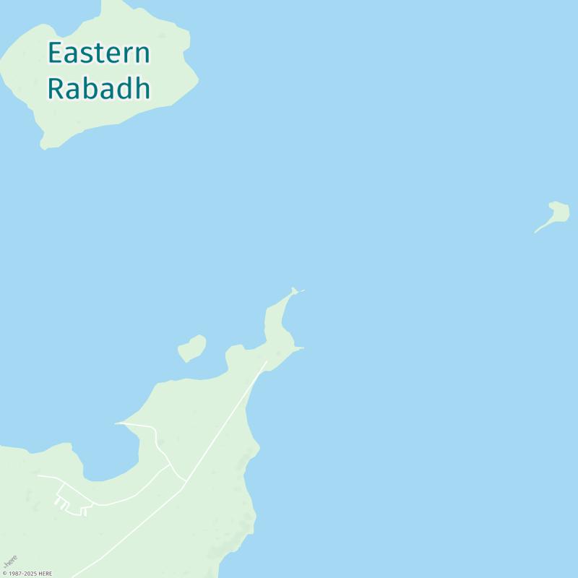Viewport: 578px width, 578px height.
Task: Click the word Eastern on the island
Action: pyautogui.click(x=99, y=53)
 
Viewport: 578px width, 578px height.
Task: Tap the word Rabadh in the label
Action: pyautogui.click(x=99, y=88)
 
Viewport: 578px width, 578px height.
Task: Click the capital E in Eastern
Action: pyautogui.click(x=54, y=53)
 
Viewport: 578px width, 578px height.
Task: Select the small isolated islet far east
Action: pyautogui.click(x=558, y=212)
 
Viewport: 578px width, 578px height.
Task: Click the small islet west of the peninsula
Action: pyautogui.click(x=191, y=348)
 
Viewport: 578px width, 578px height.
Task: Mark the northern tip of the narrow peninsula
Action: pyautogui.click(x=293, y=290)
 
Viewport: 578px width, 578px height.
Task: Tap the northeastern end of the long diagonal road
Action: pyautogui.click(x=267, y=362)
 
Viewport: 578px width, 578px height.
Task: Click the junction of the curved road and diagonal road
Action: pyautogui.click(x=185, y=481)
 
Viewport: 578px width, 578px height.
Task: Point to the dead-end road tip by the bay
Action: pyautogui.click(x=116, y=423)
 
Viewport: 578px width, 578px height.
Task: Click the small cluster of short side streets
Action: pyautogui.click(x=71, y=505)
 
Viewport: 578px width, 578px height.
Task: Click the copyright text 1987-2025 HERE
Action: pyautogui.click(x=27, y=574)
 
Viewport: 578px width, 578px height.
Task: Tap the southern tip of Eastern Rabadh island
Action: pyautogui.click(x=45, y=147)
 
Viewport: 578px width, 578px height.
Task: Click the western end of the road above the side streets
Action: pyautogui.click(x=39, y=475)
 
